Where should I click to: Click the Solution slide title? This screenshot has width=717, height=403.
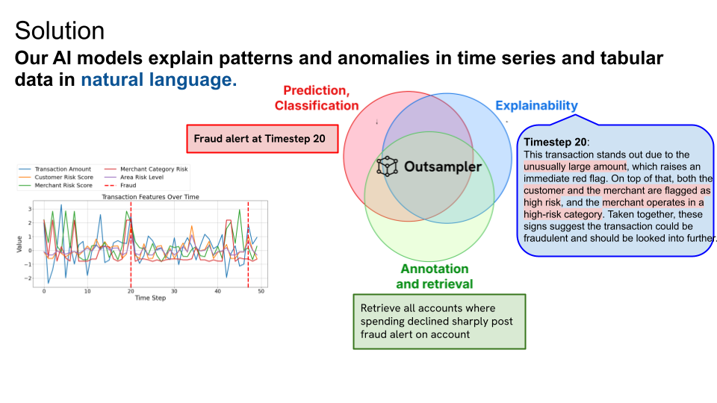point(60,31)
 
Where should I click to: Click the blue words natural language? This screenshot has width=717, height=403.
point(158,80)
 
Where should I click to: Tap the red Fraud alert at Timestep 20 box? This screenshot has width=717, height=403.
point(262,139)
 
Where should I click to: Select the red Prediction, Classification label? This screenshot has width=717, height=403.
point(317,98)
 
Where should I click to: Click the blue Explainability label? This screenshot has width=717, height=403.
point(536,105)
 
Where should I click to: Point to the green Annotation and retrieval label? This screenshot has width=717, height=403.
point(435,276)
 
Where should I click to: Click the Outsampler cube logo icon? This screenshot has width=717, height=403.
point(388,166)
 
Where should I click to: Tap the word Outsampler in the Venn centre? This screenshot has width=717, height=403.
point(443,166)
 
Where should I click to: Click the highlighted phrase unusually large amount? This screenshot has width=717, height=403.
point(575,166)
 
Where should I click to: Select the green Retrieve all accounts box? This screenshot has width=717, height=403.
point(439,322)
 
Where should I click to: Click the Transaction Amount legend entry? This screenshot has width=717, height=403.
point(55,169)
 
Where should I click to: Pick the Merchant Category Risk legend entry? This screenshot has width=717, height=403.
point(146,169)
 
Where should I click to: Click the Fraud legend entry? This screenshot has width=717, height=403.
point(120,186)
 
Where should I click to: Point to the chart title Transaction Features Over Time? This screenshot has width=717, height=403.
point(150,197)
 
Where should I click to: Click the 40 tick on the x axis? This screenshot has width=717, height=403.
point(217,291)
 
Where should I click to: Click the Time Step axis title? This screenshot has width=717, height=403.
point(150,298)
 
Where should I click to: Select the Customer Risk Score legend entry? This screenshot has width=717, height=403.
point(56,178)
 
